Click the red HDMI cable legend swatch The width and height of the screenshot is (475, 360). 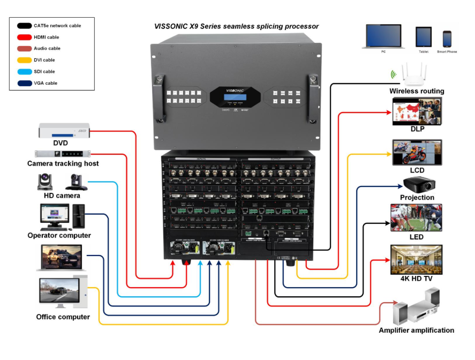coord(24,37)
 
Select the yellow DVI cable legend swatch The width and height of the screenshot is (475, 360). coord(24,60)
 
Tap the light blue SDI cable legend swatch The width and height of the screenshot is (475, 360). coord(24,71)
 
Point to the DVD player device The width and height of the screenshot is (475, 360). coord(64,131)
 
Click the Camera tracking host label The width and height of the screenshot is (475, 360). coord(63,163)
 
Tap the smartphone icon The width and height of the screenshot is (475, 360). coord(447,39)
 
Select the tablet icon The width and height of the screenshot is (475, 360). coord(424,37)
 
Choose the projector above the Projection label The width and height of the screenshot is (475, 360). coord(418,185)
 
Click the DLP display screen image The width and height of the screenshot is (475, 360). coord(417,111)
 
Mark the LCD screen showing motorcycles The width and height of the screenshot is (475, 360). coord(417,153)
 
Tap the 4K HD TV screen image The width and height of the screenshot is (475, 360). coord(417,260)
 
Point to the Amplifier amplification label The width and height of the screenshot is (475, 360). coord(416,331)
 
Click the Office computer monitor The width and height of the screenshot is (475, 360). coord(59,292)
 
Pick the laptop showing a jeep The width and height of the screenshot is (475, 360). coord(59,258)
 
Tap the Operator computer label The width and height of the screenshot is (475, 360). coord(59,235)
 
